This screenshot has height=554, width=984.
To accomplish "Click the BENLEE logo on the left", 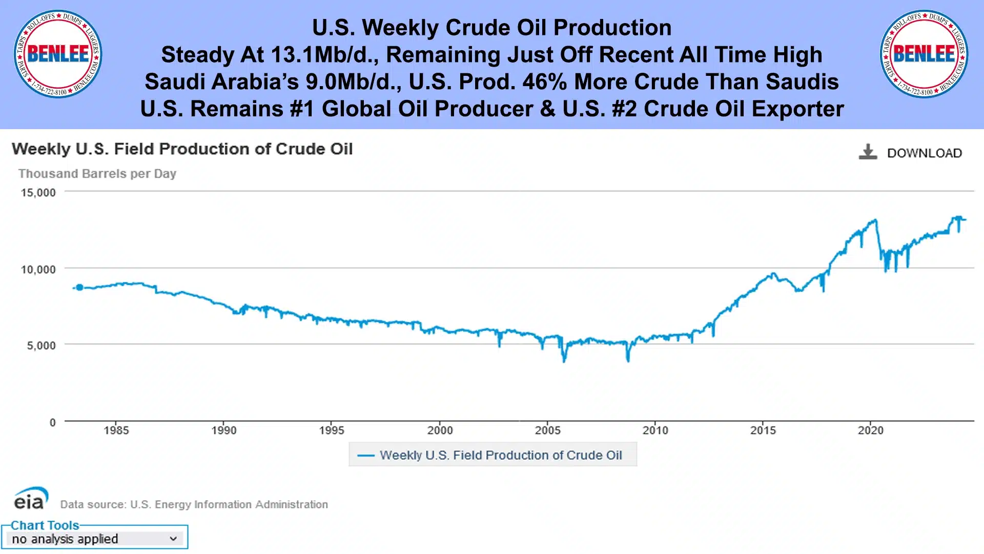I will tap(58, 54).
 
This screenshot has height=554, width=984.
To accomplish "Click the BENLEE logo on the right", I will tap(924, 54).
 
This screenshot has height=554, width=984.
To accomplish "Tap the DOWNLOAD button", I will tap(911, 153).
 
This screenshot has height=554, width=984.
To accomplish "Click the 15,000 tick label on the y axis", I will tap(38, 193).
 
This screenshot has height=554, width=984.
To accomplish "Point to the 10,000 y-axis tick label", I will tap(38, 270).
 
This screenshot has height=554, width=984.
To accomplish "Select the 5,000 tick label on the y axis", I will tap(42, 345).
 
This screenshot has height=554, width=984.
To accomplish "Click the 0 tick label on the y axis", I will tap(52, 422).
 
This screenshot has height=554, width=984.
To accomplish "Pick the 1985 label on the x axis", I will tap(116, 430).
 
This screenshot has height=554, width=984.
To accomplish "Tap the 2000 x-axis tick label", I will tap(440, 430).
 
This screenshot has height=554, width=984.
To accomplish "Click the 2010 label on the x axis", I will tap(655, 430).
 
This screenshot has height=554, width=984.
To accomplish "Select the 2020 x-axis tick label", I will tap(871, 430).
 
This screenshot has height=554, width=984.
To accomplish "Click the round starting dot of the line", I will tap(79, 288).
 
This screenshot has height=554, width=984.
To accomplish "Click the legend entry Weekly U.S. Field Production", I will tap(493, 455).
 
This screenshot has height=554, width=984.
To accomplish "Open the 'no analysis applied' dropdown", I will tap(95, 539).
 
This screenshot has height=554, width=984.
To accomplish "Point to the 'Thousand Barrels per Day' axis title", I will tap(97, 174).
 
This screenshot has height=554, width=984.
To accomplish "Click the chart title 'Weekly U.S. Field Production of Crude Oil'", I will tap(182, 149).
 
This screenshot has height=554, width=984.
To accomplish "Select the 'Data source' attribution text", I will tap(194, 504).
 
